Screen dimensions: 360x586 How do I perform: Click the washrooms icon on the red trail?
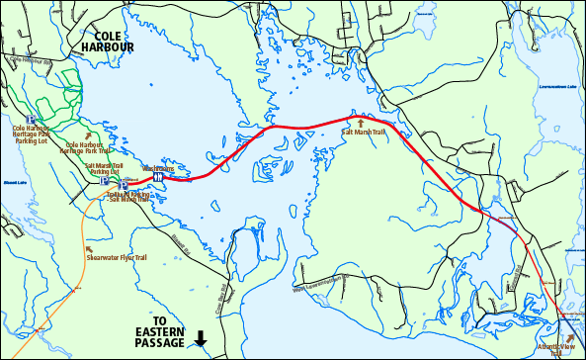click(x=157, y=178)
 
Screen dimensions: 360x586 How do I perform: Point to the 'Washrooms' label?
click(x=158, y=167)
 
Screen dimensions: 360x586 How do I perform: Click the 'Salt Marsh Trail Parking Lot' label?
click(x=105, y=168)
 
